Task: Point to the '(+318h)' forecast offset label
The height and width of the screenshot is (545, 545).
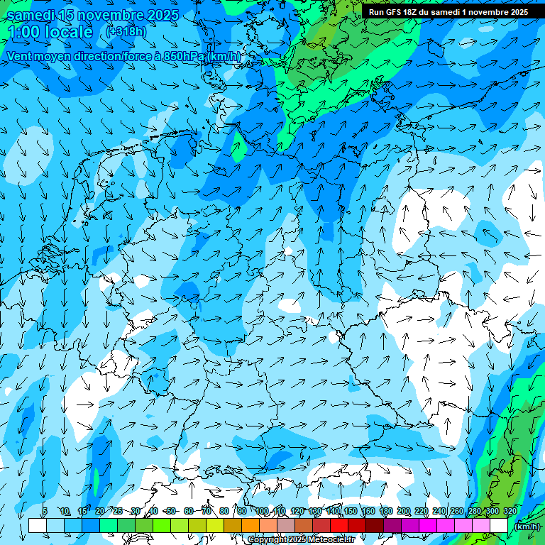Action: click(127, 31)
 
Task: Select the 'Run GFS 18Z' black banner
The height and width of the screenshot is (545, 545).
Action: click(448, 12)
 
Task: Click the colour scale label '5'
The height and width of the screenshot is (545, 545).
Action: click(45, 511)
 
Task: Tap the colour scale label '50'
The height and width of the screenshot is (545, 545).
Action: click(171, 511)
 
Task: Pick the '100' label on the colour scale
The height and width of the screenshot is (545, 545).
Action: click(263, 511)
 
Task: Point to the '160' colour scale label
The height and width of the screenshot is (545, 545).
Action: click(368, 511)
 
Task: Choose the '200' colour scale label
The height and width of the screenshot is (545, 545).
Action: click(404, 511)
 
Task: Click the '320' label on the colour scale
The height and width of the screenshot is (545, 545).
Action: click(510, 511)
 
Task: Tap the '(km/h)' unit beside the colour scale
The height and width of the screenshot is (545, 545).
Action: click(527, 526)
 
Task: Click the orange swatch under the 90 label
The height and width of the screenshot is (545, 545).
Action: click(251, 525)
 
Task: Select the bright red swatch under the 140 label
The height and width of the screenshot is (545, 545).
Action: click(339, 525)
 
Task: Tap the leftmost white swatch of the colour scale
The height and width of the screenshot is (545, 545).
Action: click(38, 525)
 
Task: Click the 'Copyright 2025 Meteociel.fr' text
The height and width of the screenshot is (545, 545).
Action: click(301, 540)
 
